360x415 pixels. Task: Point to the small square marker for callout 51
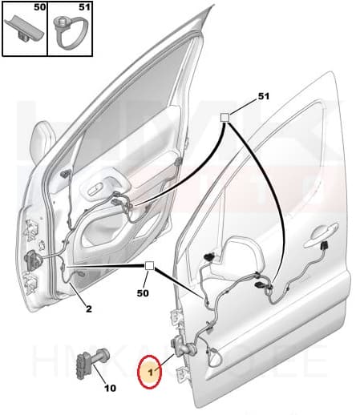pyautogui.click(x=226, y=118)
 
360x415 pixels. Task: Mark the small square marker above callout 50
pyautogui.click(x=148, y=266)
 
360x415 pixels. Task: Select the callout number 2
pyautogui.click(x=88, y=308)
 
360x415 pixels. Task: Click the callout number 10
pyautogui.click(x=110, y=389)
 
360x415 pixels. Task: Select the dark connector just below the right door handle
pyautogui.click(x=326, y=247)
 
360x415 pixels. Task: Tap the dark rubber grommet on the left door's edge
pyautogui.click(x=35, y=260)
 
